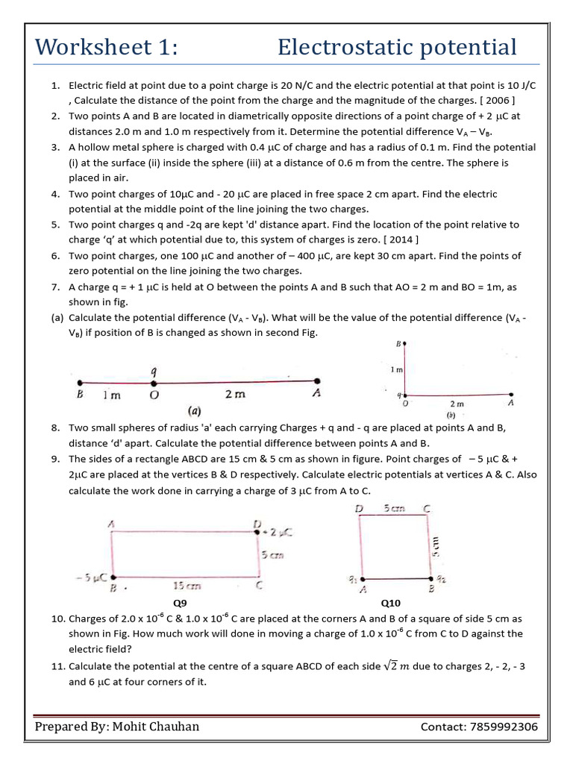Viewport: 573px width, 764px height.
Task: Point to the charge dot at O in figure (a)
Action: (x=154, y=382)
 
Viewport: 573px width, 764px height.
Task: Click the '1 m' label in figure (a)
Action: (x=112, y=396)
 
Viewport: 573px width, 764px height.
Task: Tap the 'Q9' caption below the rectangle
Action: (x=180, y=601)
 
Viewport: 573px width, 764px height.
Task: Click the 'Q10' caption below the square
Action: (x=391, y=601)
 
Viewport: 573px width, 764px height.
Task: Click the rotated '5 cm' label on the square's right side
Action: (x=440, y=546)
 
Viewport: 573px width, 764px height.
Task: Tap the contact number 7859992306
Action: (x=500, y=727)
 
